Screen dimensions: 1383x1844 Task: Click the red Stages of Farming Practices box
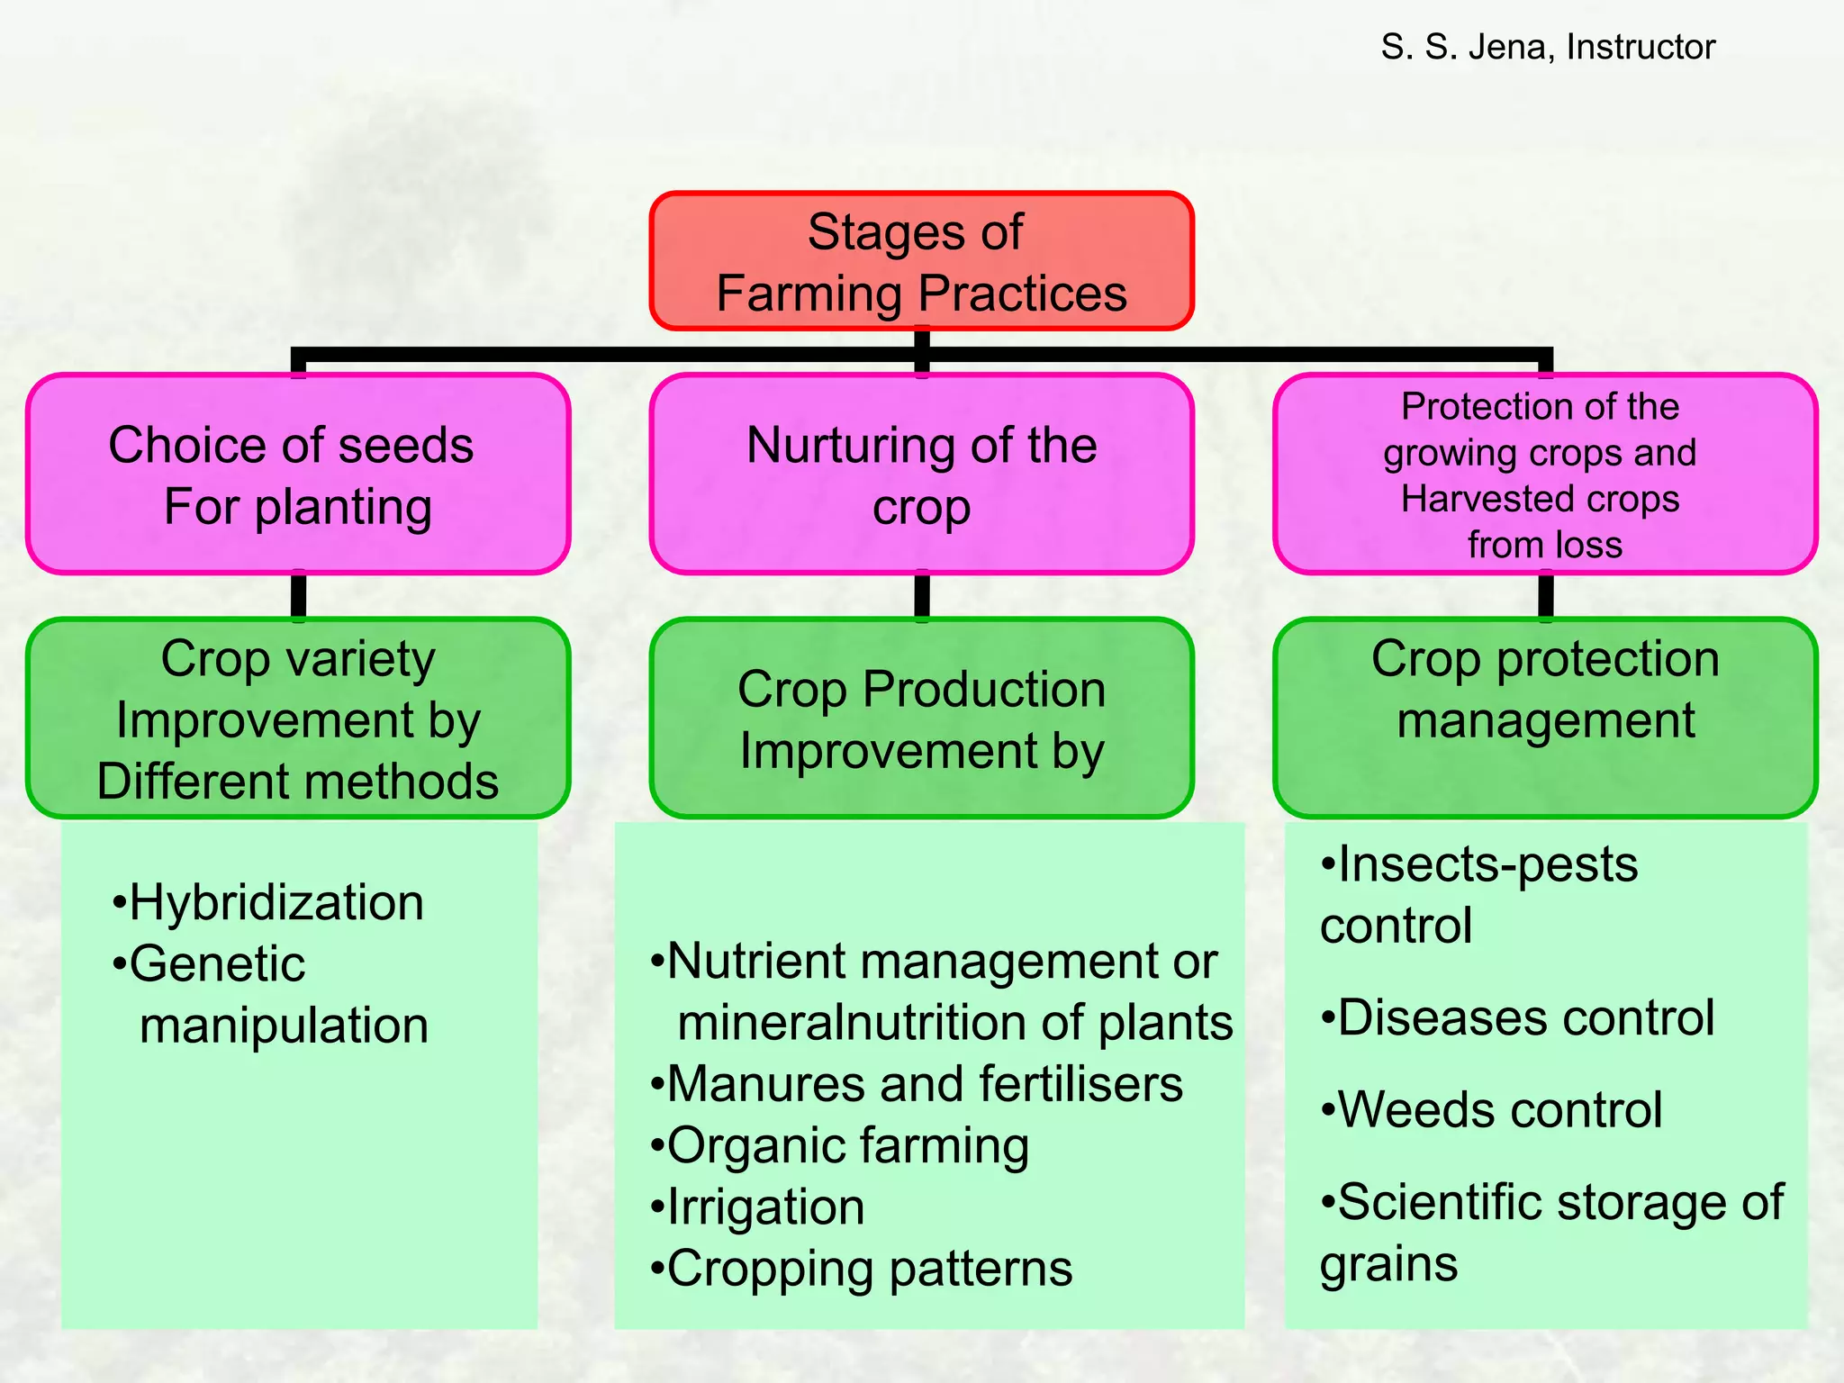921,261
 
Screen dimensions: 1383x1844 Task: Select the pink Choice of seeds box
297,475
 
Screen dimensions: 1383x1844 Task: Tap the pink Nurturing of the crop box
921,475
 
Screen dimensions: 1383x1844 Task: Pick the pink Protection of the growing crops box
1544,475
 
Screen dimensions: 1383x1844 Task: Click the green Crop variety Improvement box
297,719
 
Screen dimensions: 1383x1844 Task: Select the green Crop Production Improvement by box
921,719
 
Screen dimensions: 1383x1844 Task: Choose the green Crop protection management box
1544,719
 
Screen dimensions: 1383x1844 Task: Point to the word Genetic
217,964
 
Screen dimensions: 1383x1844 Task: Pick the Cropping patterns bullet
862,1269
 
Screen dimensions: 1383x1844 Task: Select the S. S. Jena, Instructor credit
1548,47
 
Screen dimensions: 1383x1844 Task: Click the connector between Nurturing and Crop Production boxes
921,596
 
